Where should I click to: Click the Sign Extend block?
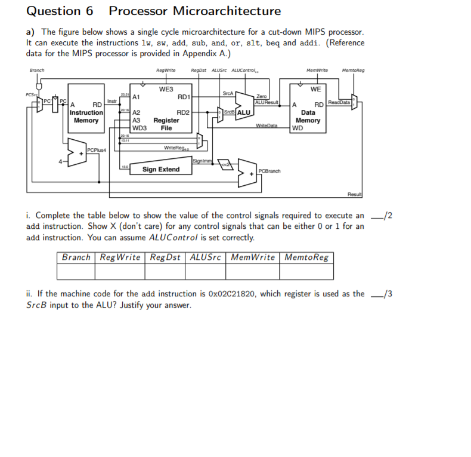(160, 169)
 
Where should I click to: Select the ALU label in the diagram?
(243, 112)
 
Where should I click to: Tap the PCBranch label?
(269, 171)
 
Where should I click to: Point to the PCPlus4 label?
(96, 149)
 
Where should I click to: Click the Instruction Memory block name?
(86, 116)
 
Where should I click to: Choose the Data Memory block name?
(308, 116)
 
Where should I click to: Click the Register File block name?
(166, 124)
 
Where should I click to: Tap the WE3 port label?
(166, 89)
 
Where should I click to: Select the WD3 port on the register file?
(139, 128)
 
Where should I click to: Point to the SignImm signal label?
(201, 160)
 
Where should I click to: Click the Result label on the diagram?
(355, 194)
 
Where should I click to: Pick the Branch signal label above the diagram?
(36, 70)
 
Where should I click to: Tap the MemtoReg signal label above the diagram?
(353, 70)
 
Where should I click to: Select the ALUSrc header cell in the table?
(205, 257)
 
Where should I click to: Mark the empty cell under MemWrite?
(253, 272)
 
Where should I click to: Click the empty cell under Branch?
(76, 272)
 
